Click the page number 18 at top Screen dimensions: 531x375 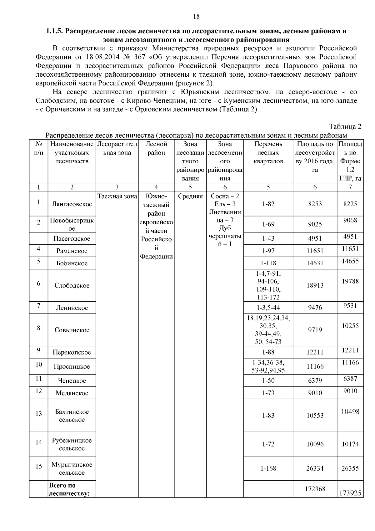pyautogui.click(x=196, y=17)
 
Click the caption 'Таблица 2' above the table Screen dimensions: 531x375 pyautogui.click(x=345, y=127)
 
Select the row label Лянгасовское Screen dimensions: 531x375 pyautogui.click(x=72, y=204)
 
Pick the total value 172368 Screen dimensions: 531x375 pyautogui.click(x=315, y=489)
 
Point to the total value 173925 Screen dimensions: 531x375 pyautogui.click(x=350, y=493)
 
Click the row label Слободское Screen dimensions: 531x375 pyautogui.click(x=72, y=286)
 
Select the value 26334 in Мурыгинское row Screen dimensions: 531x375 pyautogui.click(x=315, y=469)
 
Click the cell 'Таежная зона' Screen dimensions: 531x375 pyautogui.click(x=117, y=197)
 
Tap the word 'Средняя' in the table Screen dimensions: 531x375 pyautogui.click(x=190, y=197)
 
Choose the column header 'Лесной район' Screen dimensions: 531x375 pyautogui.click(x=156, y=148)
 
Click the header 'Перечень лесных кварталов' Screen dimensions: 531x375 pyautogui.click(x=268, y=153)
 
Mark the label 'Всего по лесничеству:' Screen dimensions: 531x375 pyautogui.click(x=69, y=489)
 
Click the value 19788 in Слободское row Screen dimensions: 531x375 pyautogui.click(x=350, y=281)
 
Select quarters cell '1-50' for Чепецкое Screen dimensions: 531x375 pyautogui.click(x=268, y=381)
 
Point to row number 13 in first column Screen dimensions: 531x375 pyautogui.click(x=38, y=414)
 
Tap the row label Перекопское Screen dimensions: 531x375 pyautogui.click(x=72, y=353)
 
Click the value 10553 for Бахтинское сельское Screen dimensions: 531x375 pyautogui.click(x=315, y=416)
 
